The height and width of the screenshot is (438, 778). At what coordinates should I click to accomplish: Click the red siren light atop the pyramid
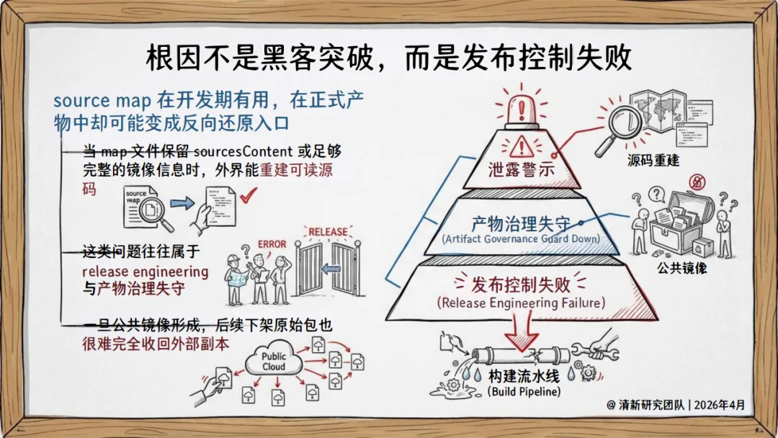pos(521,106)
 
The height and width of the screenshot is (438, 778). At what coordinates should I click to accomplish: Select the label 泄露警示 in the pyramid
pos(521,171)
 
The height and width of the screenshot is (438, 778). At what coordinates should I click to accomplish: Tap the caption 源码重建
pos(653,160)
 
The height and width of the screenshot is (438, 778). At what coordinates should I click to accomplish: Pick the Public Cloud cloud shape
pos(274,361)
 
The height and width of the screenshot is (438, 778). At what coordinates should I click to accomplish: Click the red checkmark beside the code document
pos(249,195)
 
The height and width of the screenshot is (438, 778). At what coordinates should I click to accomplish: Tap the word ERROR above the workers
pos(272,244)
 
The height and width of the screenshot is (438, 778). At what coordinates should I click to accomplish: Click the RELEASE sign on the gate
pos(328,232)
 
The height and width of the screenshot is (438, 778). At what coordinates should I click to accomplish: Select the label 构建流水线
pos(524,377)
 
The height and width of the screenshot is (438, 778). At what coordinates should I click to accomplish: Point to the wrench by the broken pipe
pos(594,348)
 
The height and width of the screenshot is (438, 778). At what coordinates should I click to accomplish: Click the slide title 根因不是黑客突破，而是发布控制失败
pos(388,58)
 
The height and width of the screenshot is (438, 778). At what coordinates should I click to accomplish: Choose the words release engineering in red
pos(145,272)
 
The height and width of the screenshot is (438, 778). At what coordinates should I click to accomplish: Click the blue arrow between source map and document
pos(183,204)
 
